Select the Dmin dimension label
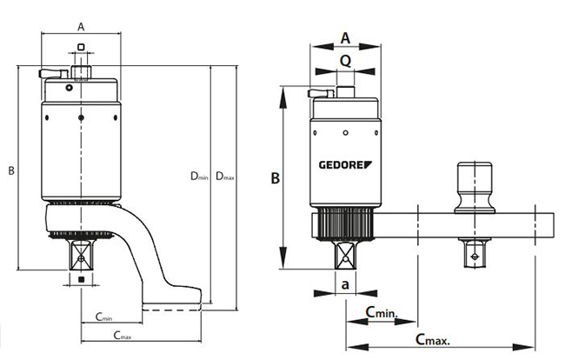(x=199, y=176)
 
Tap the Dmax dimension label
(x=225, y=176)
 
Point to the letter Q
(x=345, y=61)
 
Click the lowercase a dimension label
(x=345, y=284)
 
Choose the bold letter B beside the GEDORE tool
(x=275, y=178)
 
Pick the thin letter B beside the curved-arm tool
(x=11, y=171)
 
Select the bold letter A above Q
(x=345, y=37)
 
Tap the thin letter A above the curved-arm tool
(x=81, y=26)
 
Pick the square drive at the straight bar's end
(x=474, y=252)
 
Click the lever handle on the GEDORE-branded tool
(x=320, y=90)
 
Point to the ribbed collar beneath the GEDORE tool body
(x=345, y=225)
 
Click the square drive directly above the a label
(x=345, y=255)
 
